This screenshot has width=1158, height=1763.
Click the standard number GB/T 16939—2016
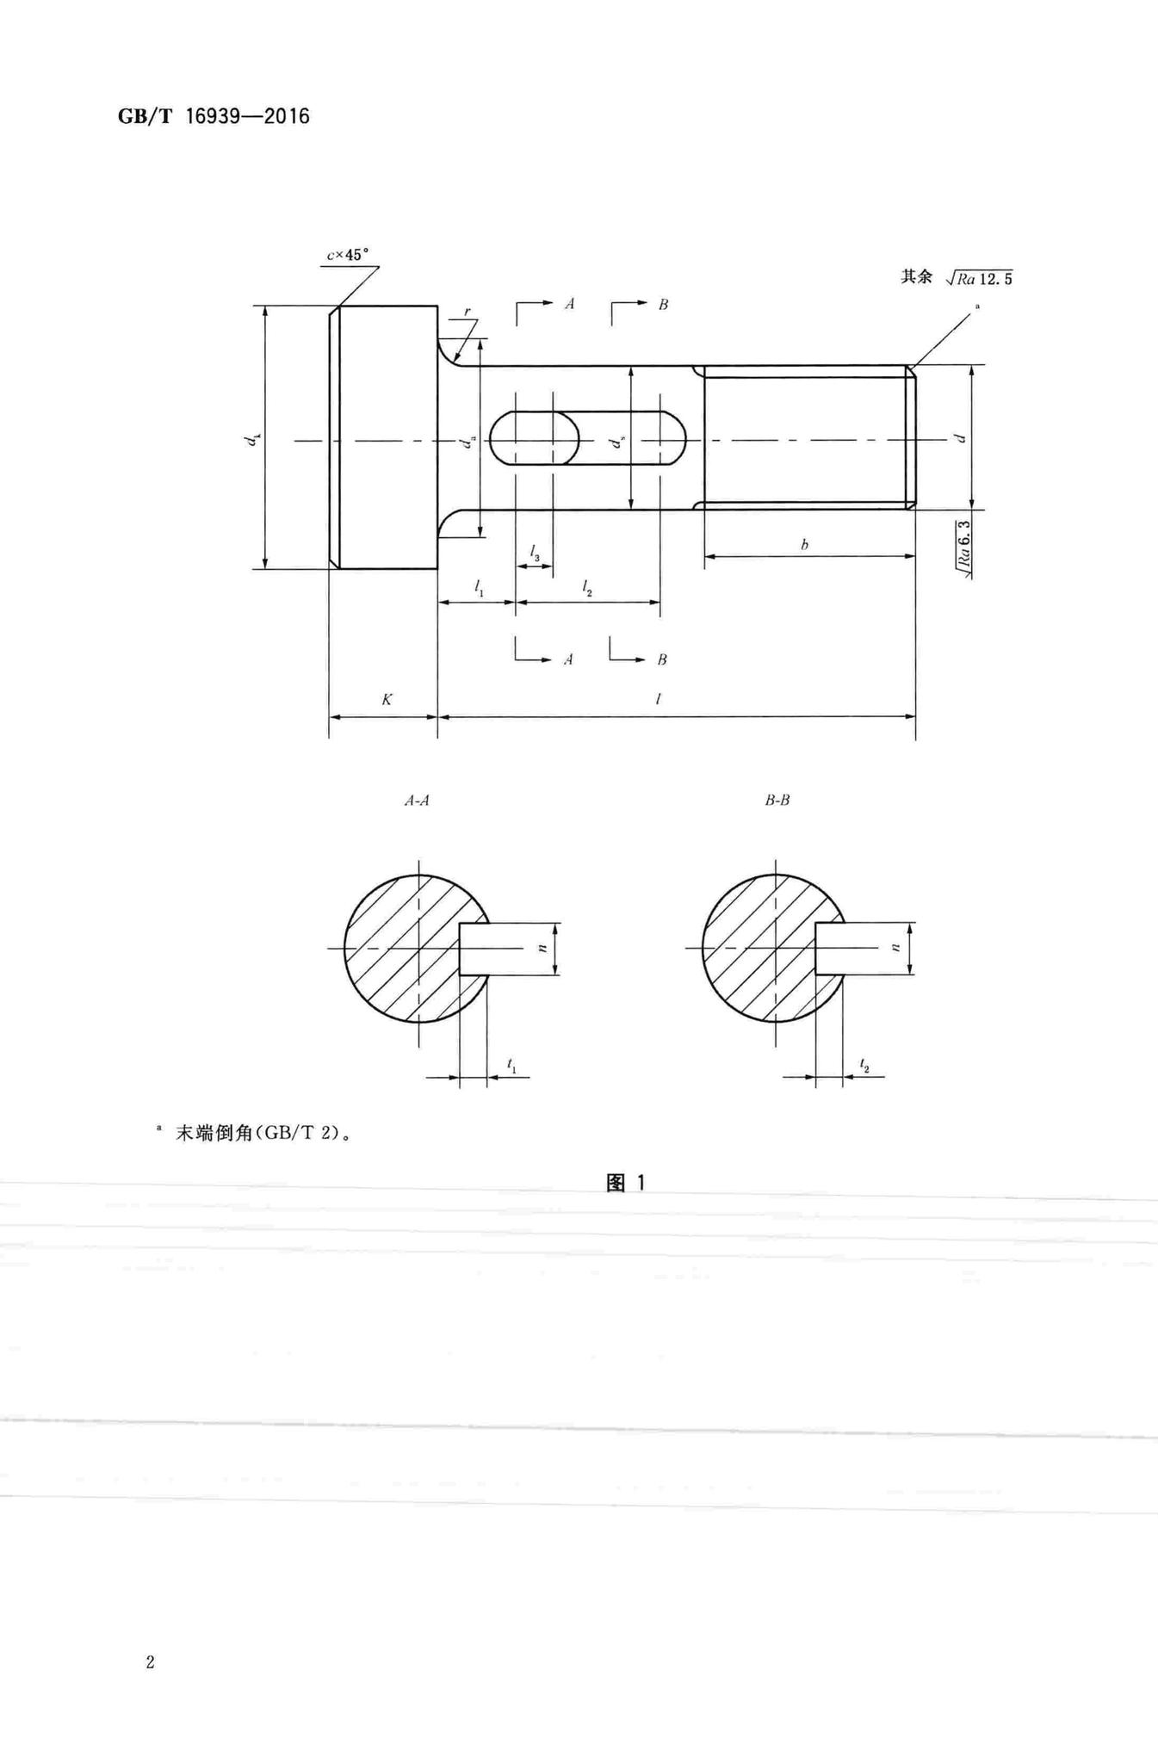pos(214,116)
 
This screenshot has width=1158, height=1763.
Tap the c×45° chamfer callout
pos(347,255)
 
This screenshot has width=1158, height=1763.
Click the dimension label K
pos(387,700)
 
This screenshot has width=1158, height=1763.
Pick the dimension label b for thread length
pos(804,544)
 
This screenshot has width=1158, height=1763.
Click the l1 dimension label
pos(479,589)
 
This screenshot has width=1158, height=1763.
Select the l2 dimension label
pos(587,589)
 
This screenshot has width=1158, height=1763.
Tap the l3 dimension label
pos(535,552)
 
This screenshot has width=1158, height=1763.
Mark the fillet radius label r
pos(467,312)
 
